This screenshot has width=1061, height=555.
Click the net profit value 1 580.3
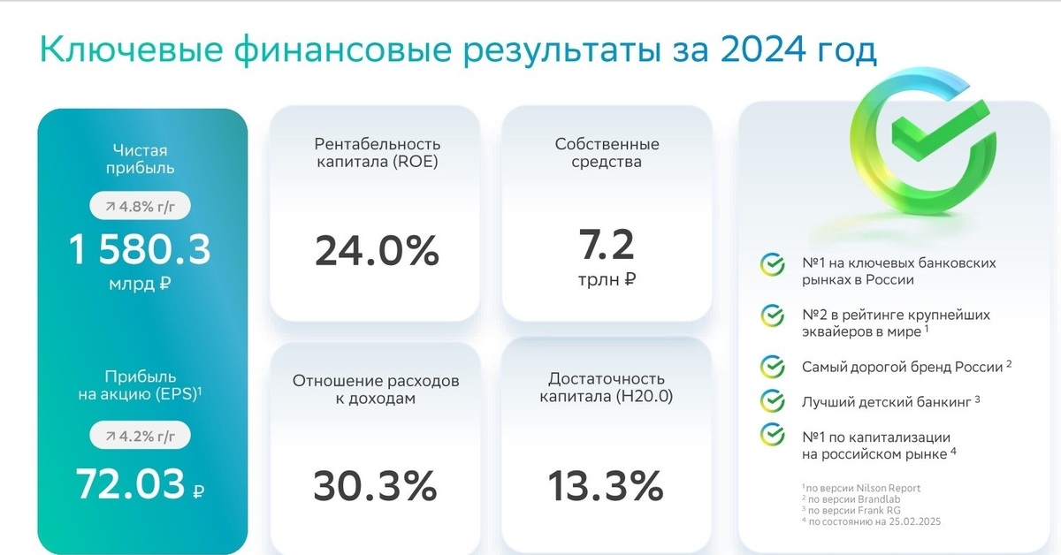click(140, 249)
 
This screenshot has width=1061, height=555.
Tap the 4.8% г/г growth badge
click(141, 206)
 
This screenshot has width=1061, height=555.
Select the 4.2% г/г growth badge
click(141, 435)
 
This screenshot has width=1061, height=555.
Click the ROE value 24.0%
click(377, 250)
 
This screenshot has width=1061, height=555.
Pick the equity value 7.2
click(607, 245)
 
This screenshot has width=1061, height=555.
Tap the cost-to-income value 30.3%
click(375, 485)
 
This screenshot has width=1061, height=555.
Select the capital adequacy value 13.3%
click(606, 485)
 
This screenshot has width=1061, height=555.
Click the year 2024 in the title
click(763, 49)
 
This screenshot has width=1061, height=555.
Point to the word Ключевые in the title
click(131, 49)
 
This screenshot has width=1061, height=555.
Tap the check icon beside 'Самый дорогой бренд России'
click(773, 367)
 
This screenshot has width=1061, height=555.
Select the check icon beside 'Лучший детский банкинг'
click(773, 401)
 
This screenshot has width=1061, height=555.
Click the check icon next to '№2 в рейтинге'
click(773, 316)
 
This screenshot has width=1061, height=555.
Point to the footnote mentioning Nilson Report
click(861, 488)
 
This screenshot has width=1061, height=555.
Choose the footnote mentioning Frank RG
click(851, 511)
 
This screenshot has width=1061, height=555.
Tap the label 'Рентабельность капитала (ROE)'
click(377, 153)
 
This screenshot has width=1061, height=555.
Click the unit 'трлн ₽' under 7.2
click(607, 279)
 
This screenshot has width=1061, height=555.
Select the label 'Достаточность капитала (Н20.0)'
click(607, 387)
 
